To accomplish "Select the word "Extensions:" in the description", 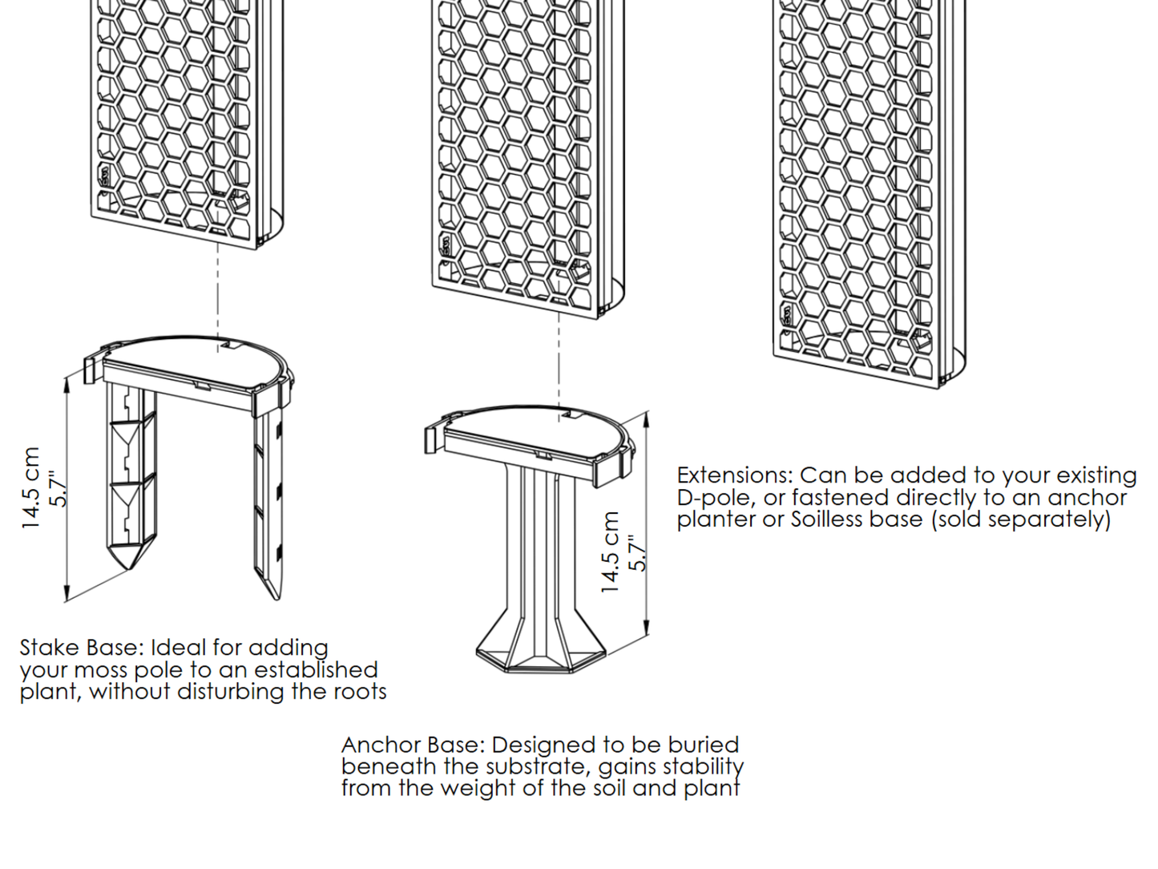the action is (735, 475).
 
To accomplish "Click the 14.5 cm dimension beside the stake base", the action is (30, 488).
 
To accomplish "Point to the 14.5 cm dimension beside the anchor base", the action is (611, 552).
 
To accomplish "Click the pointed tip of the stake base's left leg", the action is (129, 569).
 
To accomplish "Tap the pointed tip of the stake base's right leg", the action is (276, 600).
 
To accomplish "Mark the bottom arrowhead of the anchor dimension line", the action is (647, 628).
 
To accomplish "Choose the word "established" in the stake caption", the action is (317, 669).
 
